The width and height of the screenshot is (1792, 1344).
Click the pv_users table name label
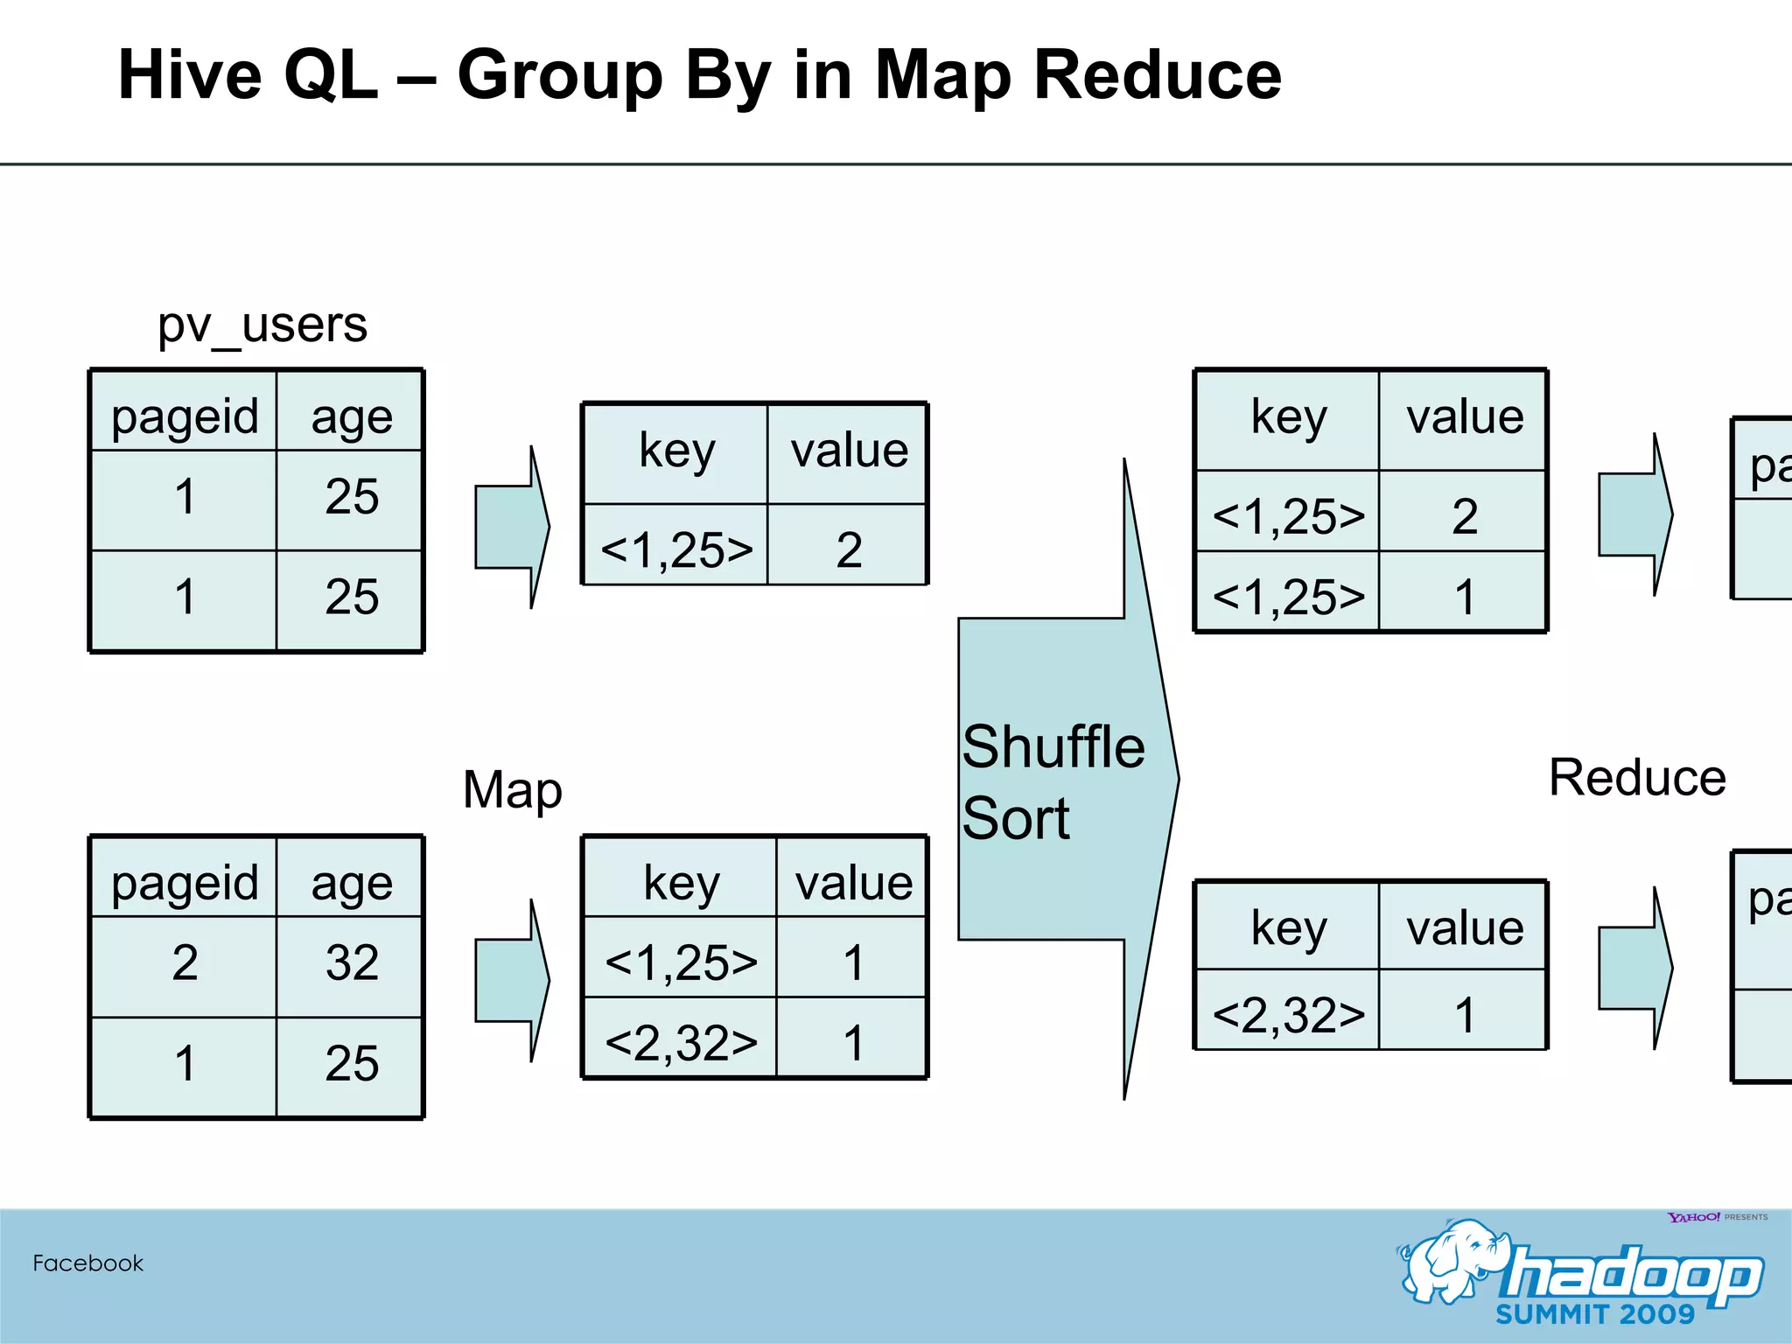(262, 326)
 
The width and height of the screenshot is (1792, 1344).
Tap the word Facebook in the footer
(87, 1263)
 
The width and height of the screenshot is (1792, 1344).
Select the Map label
(512, 790)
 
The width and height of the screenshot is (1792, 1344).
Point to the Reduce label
(1636, 777)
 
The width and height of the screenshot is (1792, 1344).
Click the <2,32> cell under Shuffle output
(1288, 1015)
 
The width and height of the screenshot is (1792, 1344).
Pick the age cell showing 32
(352, 963)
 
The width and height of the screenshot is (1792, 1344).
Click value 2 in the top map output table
(849, 550)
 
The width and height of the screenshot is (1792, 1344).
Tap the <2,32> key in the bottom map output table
(681, 1043)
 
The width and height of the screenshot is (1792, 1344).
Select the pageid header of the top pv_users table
(185, 416)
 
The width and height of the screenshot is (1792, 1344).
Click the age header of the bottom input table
(352, 882)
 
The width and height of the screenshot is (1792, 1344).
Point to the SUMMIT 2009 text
(1594, 1314)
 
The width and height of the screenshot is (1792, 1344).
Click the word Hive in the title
(187, 75)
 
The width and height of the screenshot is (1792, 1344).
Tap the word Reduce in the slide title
(1157, 75)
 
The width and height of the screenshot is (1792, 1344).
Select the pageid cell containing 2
(185, 963)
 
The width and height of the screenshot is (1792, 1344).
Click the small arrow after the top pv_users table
(512, 528)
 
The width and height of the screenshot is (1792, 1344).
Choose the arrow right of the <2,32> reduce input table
(1634, 969)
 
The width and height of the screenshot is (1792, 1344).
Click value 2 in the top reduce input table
(1464, 516)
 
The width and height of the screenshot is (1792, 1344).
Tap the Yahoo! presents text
(1717, 1217)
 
